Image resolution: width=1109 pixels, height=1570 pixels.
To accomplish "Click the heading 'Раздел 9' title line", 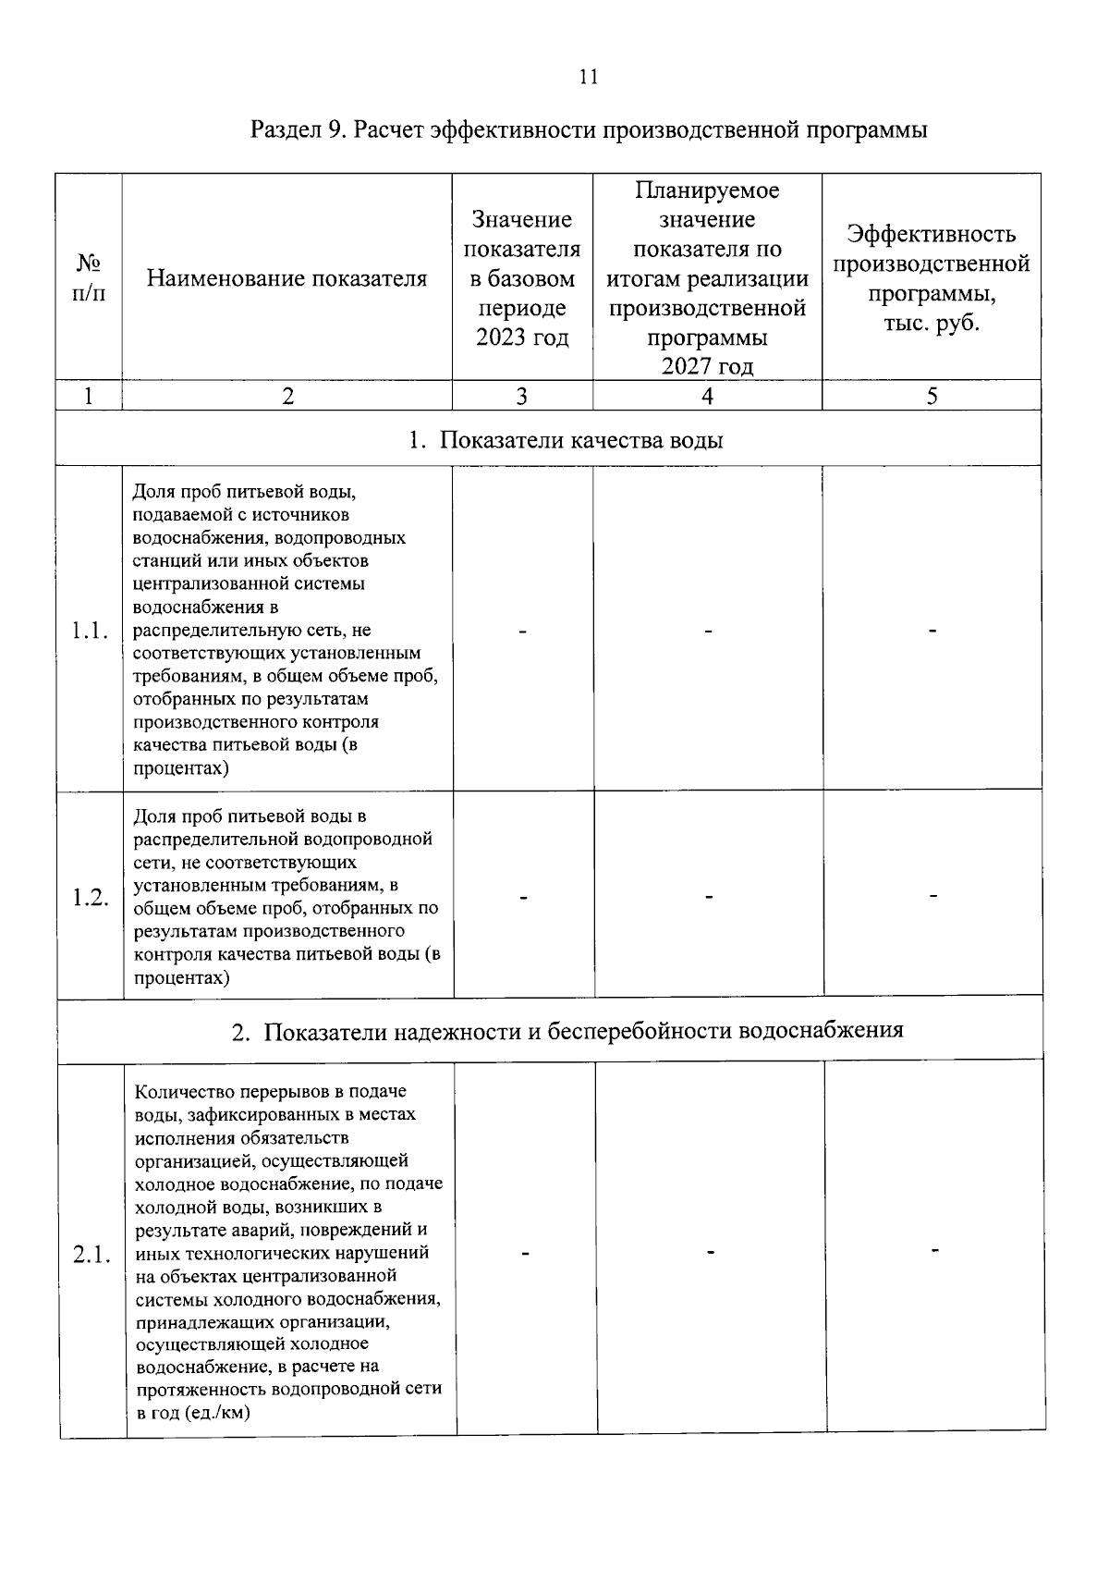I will [x=589, y=129].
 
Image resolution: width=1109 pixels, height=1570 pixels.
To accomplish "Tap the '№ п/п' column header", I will [x=89, y=278].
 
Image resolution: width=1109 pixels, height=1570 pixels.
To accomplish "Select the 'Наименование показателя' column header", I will [x=286, y=278].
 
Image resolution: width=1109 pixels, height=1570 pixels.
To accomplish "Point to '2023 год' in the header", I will [x=522, y=337].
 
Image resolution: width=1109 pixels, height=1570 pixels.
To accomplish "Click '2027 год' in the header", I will [x=707, y=367].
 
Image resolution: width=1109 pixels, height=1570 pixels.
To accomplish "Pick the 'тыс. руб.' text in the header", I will [x=932, y=324].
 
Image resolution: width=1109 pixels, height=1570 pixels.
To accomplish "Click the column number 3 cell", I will [x=522, y=397].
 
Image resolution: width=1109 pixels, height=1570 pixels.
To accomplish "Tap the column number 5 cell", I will [x=932, y=397].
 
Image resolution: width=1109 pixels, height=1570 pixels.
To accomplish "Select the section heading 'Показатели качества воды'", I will [x=566, y=439].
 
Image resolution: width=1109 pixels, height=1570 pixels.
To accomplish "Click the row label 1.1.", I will [x=90, y=632].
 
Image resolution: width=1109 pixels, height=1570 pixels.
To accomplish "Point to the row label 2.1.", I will [x=91, y=1255].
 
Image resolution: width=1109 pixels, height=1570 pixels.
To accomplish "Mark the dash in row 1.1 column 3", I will [x=523, y=632].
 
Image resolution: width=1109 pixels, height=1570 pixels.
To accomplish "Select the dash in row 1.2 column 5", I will [x=934, y=895].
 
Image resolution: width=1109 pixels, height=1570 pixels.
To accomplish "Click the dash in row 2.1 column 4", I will [x=711, y=1252].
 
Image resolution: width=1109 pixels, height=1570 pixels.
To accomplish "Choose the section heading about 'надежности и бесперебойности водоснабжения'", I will [x=567, y=1031].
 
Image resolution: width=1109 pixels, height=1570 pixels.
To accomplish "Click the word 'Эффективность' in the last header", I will [x=932, y=235].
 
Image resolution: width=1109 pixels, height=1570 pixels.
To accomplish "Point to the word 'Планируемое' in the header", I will [x=707, y=190].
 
